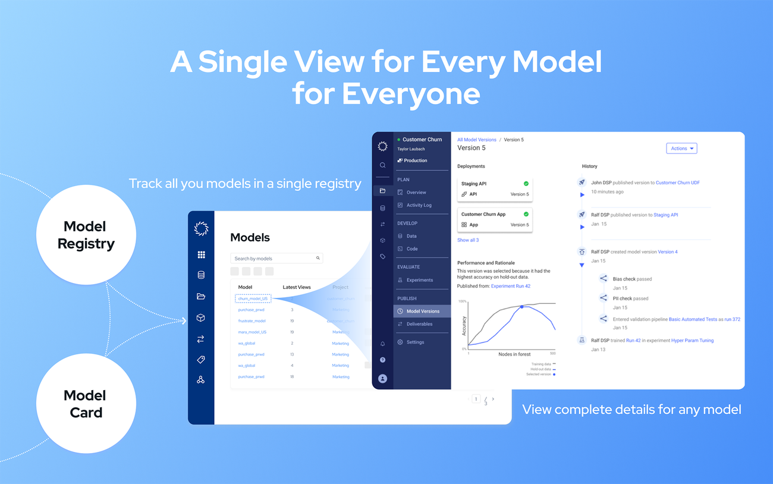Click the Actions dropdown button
coord(681,149)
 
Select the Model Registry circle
coord(86,235)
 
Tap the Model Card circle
coord(86,404)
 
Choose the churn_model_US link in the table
coord(253,298)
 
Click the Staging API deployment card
coord(495,188)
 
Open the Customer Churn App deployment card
coord(495,219)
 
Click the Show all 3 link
coord(468,240)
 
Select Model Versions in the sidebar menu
coord(422,311)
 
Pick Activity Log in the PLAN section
coord(419,205)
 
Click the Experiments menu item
coord(419,280)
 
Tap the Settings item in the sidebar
coord(415,342)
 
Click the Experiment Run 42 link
coord(511,286)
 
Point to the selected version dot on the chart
coord(522,307)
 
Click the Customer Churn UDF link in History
coord(677,183)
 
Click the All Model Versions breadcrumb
coord(477,140)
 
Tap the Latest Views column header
coord(297,287)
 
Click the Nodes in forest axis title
coord(514,354)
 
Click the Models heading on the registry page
coord(250,238)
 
